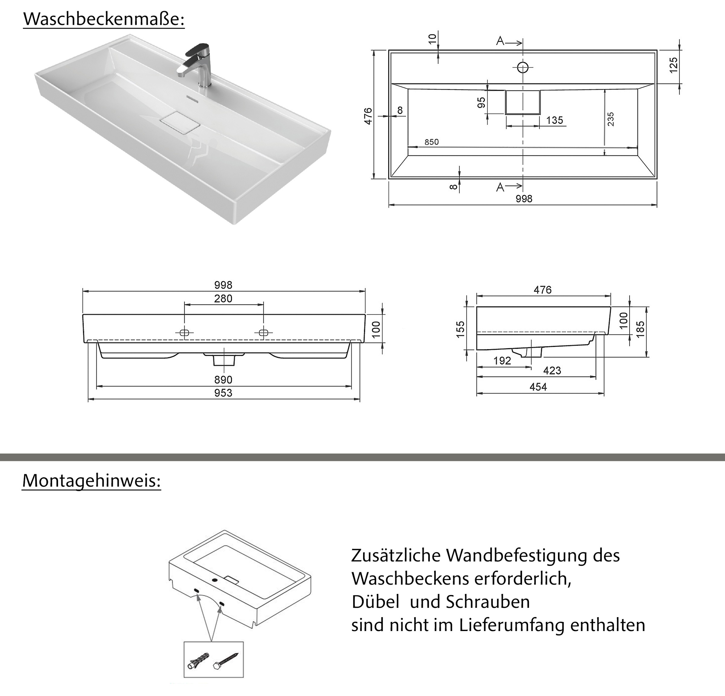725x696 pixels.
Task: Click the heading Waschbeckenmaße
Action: pos(104,19)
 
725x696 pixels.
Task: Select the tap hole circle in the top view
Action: pos(523,67)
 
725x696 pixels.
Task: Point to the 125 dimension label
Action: pos(674,65)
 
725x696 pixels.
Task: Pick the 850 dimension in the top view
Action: pos(431,142)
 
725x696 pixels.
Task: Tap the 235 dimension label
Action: pos(611,119)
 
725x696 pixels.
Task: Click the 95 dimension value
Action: pos(481,103)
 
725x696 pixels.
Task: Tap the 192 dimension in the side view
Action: pos(502,361)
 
